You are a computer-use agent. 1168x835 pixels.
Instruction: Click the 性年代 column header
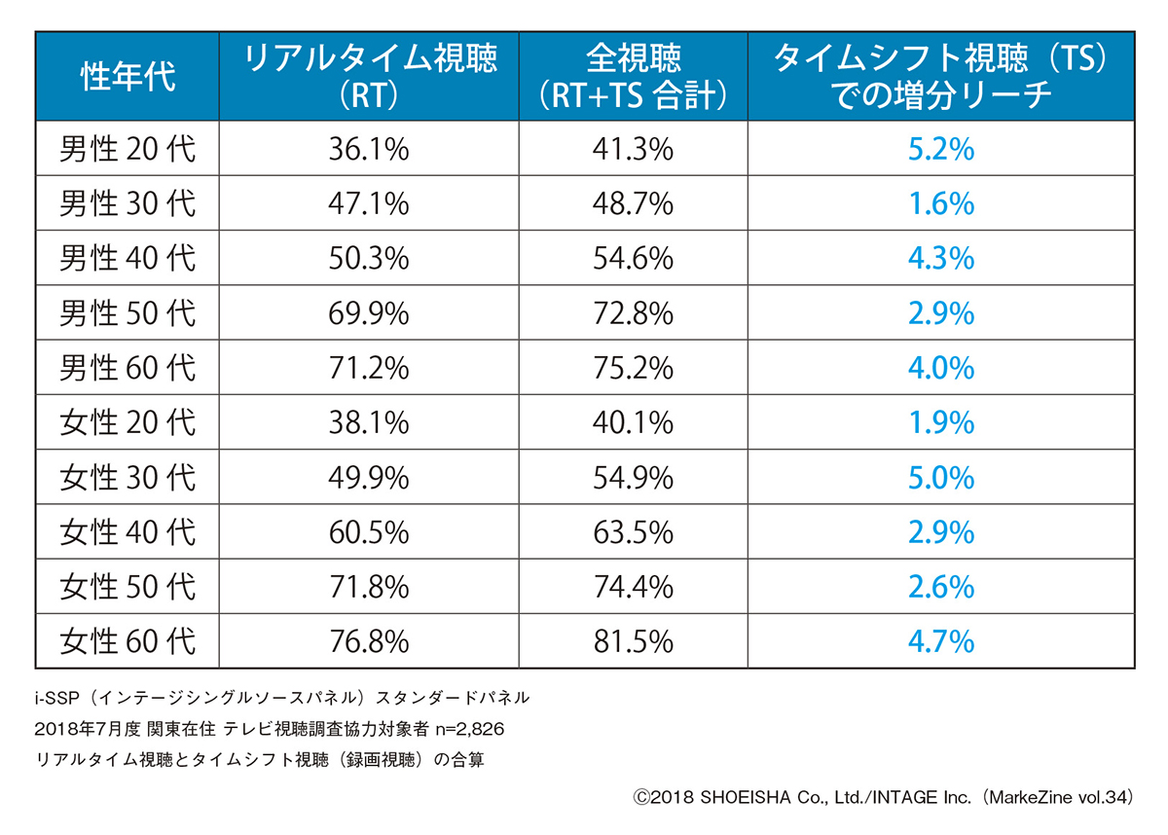[128, 76]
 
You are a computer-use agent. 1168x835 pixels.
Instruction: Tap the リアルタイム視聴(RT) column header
[368, 76]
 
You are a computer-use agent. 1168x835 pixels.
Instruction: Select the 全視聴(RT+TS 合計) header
[633, 76]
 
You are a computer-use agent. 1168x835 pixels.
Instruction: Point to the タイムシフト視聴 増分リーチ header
[940, 76]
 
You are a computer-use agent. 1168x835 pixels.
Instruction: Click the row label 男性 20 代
[128, 149]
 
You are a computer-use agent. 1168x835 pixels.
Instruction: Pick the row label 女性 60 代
[128, 641]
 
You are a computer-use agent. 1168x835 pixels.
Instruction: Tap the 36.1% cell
[368, 149]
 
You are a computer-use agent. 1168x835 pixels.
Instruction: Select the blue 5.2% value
[940, 149]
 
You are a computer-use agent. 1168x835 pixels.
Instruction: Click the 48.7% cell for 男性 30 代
[633, 203]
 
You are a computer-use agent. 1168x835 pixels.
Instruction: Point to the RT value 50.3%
[368, 259]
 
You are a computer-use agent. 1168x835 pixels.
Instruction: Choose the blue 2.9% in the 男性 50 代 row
[940, 313]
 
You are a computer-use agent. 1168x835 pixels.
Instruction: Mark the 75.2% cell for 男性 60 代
[633, 368]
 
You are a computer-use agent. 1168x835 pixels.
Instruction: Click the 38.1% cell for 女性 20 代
[368, 422]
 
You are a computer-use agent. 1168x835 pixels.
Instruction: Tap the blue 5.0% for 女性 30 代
[940, 478]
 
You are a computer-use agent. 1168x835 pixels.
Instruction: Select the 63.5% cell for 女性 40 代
[633, 532]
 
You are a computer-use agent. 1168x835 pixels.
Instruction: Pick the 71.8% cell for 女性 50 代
[368, 587]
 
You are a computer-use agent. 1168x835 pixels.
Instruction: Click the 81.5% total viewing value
[633, 641]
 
